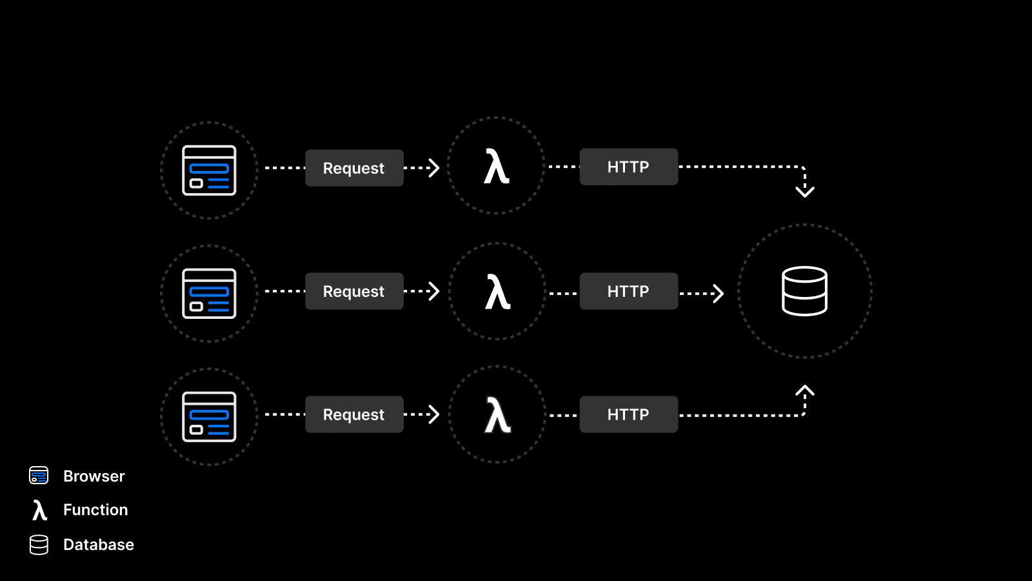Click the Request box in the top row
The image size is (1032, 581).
point(354,168)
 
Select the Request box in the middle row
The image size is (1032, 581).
point(354,291)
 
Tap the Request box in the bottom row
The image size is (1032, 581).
point(354,414)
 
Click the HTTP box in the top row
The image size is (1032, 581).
point(628,167)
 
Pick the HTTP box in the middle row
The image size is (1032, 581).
point(628,291)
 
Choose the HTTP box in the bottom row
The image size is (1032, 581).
point(628,414)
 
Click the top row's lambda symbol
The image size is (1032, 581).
point(497,167)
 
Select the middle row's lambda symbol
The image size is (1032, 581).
point(497,292)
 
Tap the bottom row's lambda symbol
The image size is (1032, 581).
point(497,415)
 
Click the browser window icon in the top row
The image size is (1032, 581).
point(209,170)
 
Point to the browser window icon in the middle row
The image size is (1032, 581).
point(209,294)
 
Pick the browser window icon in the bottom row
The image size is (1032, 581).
point(209,417)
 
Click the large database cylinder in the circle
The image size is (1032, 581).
point(804,291)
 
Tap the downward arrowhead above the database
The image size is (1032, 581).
point(804,191)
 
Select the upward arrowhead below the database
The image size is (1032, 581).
point(804,391)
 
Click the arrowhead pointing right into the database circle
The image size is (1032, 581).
point(719,294)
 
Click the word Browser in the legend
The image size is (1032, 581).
point(94,476)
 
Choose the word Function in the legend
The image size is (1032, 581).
point(95,510)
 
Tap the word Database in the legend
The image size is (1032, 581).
point(99,545)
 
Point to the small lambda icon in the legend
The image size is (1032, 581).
point(39,510)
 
